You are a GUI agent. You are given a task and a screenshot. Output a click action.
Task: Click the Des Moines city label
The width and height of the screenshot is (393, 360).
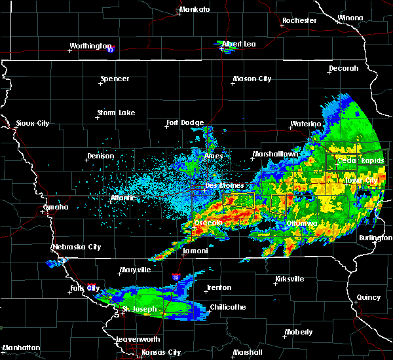(x=221, y=185)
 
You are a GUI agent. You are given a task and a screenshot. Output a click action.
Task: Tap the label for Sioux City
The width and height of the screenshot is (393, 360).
(x=33, y=123)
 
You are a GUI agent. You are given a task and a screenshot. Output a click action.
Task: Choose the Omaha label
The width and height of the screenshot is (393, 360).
(x=56, y=207)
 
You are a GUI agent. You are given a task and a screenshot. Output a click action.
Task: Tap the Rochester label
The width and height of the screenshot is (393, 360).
(x=299, y=20)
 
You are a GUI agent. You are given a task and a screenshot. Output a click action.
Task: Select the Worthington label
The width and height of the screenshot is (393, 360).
(x=90, y=46)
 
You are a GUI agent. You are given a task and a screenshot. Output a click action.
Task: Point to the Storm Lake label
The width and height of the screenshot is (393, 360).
(x=116, y=113)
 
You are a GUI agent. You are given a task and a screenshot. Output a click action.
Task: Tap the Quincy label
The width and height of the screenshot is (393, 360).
(x=369, y=297)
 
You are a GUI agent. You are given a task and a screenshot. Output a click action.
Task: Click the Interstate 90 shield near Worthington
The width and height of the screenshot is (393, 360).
(x=111, y=49)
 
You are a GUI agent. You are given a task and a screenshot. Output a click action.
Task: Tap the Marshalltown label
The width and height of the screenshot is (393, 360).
(x=275, y=154)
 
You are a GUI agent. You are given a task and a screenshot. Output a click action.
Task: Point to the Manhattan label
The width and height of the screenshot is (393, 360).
(x=20, y=348)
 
